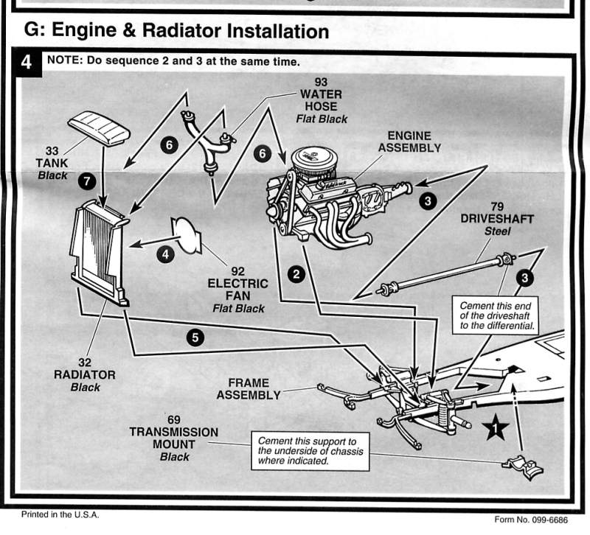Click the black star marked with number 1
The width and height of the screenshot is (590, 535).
[496, 427]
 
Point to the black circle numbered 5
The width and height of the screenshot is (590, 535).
[195, 338]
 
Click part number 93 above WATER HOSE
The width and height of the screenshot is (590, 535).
[321, 81]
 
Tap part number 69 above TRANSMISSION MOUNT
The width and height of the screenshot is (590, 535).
[173, 419]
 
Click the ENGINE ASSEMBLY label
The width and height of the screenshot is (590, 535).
[409, 141]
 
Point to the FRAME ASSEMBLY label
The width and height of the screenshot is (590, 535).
[248, 389]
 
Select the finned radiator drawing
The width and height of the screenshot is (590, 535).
[100, 254]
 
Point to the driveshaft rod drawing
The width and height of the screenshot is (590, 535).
[442, 273]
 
